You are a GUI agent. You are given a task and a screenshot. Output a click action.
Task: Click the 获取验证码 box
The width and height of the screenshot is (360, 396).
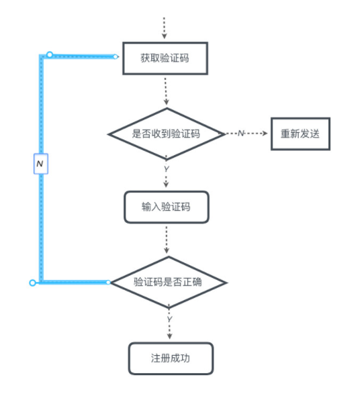(x=165, y=58)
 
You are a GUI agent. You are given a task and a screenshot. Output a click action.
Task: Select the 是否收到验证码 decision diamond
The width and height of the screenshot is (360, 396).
(x=166, y=134)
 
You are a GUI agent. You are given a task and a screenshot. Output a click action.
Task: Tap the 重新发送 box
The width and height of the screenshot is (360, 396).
(x=300, y=134)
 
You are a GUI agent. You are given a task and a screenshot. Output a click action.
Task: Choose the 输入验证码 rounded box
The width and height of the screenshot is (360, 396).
(x=166, y=207)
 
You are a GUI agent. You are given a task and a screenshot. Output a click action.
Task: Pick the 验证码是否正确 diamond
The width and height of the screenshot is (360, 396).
(x=168, y=282)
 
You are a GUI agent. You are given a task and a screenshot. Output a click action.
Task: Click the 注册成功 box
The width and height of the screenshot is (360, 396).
(x=171, y=358)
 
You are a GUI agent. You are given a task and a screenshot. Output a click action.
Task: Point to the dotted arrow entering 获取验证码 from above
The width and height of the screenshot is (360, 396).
(x=164, y=27)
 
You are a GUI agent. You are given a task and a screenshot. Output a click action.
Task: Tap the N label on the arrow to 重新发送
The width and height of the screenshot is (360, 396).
(x=240, y=134)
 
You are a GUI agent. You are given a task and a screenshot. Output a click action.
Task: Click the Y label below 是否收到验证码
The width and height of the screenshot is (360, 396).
(x=166, y=169)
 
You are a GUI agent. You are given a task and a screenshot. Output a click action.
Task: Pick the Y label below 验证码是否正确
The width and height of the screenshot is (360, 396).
(x=169, y=318)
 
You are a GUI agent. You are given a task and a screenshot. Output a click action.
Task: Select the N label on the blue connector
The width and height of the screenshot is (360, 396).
(x=40, y=164)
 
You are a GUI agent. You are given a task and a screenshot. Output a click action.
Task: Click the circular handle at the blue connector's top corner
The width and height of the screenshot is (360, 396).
(x=49, y=54)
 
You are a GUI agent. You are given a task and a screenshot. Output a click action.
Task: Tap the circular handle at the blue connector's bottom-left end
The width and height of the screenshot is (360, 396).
(x=32, y=283)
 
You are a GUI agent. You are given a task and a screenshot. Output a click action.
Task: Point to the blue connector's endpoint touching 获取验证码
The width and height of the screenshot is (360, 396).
(x=116, y=56)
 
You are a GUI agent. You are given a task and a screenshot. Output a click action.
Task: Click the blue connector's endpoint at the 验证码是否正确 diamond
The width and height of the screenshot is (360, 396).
(x=109, y=282)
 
